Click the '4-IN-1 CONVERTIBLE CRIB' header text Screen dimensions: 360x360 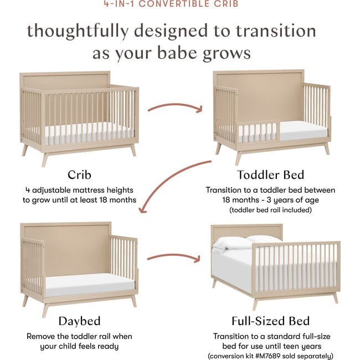click(180, 4)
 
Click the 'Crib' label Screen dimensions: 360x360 click(79, 175)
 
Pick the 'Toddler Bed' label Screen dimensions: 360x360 click(270, 175)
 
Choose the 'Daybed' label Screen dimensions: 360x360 click(79, 321)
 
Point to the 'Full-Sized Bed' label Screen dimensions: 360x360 click(270, 321)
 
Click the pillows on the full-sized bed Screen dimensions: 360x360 click(246, 242)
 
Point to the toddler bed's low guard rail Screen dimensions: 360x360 click(258, 132)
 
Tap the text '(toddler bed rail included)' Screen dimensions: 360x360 click(270, 210)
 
